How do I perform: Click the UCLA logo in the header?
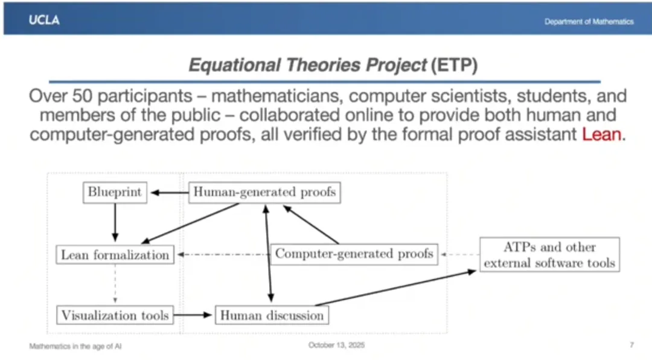click(44, 20)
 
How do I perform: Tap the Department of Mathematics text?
click(589, 22)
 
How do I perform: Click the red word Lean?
click(601, 135)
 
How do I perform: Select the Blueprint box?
click(115, 192)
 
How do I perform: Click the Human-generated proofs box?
click(264, 192)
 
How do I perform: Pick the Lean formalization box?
click(115, 254)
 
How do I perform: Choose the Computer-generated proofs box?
click(354, 254)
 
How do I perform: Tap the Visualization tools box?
click(115, 315)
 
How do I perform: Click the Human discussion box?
click(272, 315)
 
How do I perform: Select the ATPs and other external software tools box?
click(550, 255)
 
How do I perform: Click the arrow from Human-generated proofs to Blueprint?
click(170, 193)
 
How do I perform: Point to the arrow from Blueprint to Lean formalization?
click(115, 222)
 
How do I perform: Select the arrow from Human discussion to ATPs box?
click(395, 288)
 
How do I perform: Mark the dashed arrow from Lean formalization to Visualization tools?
click(115, 284)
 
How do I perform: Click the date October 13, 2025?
click(336, 345)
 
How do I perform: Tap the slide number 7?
click(631, 345)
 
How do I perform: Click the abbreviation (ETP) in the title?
click(454, 65)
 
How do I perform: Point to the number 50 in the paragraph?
click(82, 96)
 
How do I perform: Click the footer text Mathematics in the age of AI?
click(75, 346)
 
